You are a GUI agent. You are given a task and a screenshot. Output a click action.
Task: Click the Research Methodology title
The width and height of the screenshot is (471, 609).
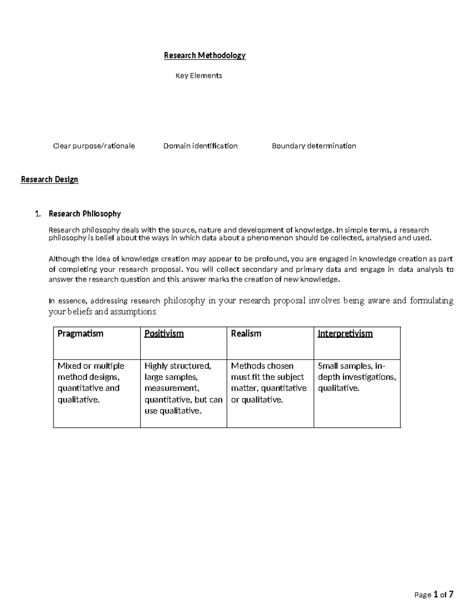(204, 55)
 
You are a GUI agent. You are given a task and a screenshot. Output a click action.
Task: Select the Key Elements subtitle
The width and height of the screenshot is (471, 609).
(199, 76)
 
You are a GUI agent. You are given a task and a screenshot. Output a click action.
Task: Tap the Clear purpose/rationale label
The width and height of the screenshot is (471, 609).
(94, 146)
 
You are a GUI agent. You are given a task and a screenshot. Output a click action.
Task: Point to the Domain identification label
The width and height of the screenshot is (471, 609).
(200, 146)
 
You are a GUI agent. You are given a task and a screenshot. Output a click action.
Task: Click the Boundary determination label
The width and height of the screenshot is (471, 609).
(314, 146)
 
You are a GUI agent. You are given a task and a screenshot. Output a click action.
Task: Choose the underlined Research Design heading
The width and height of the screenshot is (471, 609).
(49, 179)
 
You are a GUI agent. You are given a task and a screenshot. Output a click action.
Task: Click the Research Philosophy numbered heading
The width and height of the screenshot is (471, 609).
(84, 214)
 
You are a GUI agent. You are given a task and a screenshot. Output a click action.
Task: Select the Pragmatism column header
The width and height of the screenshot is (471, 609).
(80, 334)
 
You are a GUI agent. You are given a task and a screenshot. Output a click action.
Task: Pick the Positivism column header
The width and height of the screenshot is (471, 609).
(164, 334)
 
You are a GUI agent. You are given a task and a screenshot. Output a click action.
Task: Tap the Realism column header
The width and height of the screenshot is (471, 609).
(246, 334)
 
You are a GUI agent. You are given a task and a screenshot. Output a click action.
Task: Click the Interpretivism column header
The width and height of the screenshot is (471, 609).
(345, 334)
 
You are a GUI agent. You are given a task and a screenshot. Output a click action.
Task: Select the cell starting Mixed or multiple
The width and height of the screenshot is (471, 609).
(91, 382)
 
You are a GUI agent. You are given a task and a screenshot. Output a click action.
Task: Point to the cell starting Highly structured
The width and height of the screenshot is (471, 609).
(183, 388)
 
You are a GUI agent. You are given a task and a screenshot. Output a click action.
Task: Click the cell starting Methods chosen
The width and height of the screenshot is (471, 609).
(269, 382)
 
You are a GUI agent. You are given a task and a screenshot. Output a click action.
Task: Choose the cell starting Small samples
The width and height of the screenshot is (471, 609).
(357, 377)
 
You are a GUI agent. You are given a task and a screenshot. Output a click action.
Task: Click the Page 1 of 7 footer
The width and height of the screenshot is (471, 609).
(434, 595)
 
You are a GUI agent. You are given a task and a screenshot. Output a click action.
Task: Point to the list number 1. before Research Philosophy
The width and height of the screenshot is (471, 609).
(38, 214)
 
